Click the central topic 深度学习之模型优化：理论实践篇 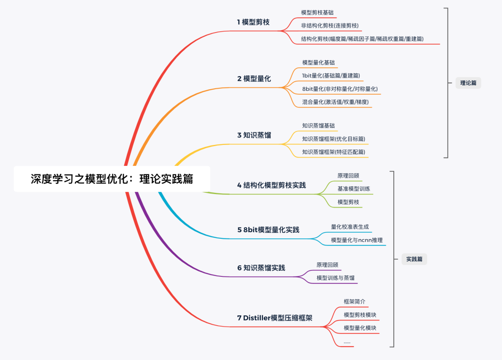pos(112,179)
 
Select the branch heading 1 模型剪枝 pos(253,22)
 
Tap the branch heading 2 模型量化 pos(254,79)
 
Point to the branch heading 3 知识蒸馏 pos(254,135)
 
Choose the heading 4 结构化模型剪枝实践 pos(271,185)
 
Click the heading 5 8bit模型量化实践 pos(268,229)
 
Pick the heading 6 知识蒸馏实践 pos(261,268)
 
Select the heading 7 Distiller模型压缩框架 pos(274,318)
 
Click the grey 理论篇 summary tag pos(468,83)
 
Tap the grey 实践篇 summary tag pos(414,259)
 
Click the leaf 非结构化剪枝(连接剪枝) pos(330,26)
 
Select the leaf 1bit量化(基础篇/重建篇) pos(331,75)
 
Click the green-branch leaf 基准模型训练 pos(354,189)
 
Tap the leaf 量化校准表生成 pos(350,227)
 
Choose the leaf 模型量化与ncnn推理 pos(357,240)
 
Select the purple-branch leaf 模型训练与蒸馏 pos(335,278)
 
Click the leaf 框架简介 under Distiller pos(354,301)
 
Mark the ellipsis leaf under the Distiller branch pos(347,342)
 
